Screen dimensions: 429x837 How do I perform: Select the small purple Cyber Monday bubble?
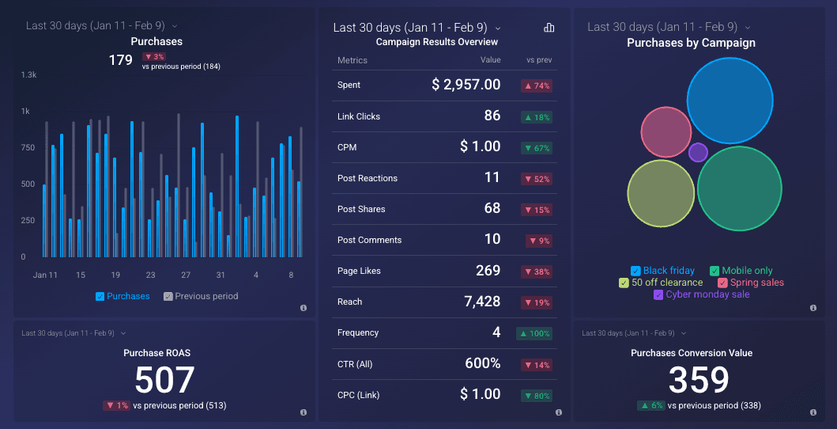(x=698, y=152)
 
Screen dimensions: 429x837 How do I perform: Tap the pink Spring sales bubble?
(x=666, y=132)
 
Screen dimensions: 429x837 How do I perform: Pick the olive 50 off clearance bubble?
(x=661, y=194)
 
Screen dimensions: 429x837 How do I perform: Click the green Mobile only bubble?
(x=739, y=189)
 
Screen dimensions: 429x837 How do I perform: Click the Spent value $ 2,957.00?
(x=466, y=85)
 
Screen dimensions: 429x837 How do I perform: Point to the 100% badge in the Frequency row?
(x=534, y=333)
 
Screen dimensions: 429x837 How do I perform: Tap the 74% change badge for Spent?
(x=536, y=85)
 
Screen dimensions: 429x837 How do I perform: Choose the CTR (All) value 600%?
(x=482, y=363)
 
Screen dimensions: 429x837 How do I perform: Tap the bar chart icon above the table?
(x=549, y=28)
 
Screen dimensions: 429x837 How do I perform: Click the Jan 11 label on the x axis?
(x=45, y=275)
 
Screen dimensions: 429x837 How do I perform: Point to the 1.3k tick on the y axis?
(x=28, y=74)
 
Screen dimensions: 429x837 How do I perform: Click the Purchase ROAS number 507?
(x=164, y=381)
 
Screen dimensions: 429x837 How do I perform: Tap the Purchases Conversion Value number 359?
(x=699, y=381)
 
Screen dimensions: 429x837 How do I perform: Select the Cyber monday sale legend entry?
(x=702, y=294)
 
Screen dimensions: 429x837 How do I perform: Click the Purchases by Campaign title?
(x=691, y=43)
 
